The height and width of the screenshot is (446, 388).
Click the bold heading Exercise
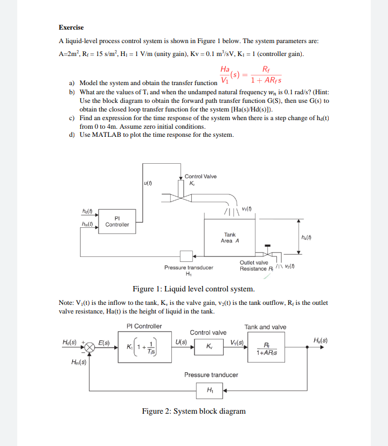pos(71,27)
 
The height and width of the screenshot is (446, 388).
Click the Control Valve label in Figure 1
pos(200,177)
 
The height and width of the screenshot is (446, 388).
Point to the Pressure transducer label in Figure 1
pos(189,267)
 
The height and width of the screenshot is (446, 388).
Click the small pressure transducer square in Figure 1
pos(187,255)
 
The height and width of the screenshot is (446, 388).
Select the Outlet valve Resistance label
pos(253,266)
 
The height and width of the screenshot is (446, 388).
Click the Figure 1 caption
pos(193,289)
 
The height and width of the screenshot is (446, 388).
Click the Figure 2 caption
pos(193,411)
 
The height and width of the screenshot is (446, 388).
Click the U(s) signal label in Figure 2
pos(182,342)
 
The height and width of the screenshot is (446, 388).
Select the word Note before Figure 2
pos(66,303)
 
